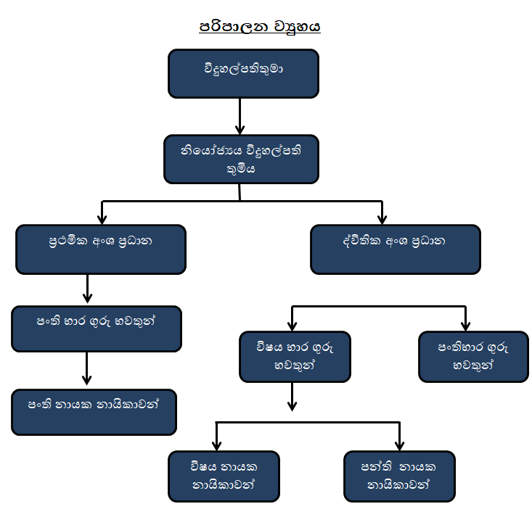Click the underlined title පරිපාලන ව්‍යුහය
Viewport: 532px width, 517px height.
tap(260, 27)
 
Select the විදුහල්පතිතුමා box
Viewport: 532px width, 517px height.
tap(243, 73)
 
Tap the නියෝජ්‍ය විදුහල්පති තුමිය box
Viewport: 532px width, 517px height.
tap(241, 159)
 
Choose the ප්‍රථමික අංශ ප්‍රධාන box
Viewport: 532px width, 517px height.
tap(100, 249)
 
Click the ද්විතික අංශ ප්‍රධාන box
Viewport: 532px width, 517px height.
tap(395, 249)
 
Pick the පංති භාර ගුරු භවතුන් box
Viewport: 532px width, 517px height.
tap(96, 328)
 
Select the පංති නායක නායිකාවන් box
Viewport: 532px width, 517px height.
tap(94, 412)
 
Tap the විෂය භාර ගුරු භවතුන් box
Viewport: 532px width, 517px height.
tap(295, 357)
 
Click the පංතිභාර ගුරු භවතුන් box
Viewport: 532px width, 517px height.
tap(472, 357)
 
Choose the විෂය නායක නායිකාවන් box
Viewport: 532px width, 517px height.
tap(224, 476)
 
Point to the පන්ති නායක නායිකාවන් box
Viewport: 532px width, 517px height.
tap(399, 476)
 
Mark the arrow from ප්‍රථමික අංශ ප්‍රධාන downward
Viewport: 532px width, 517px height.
tap(88, 289)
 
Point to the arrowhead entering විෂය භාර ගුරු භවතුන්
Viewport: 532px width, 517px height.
tap(292, 324)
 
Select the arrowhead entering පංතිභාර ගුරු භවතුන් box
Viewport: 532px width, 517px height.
tap(465, 324)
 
